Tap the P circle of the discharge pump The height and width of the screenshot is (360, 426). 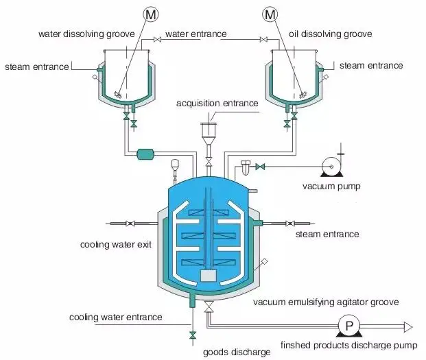coord(348,326)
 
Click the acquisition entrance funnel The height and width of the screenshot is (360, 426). coord(209,130)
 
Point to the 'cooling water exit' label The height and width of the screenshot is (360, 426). coord(116,244)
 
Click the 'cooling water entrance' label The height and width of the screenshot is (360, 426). coord(116,317)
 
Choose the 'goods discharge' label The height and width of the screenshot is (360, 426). coord(236,352)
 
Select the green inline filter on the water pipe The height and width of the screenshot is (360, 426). coord(147,154)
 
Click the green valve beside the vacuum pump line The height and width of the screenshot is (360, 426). coord(260,167)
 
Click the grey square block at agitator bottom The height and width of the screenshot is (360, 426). coord(209,275)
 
